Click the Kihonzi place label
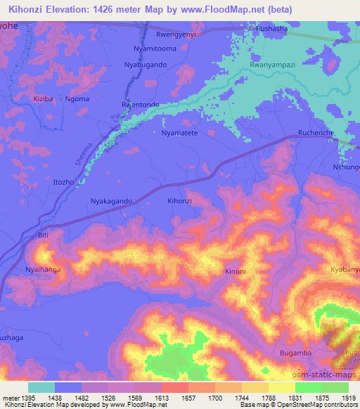coord(179,201)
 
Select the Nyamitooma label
coord(160,48)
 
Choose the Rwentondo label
coord(141,105)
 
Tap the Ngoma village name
coord(78,99)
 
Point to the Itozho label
coord(64,182)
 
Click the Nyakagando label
coord(112,201)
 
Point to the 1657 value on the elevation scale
coord(172,397)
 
